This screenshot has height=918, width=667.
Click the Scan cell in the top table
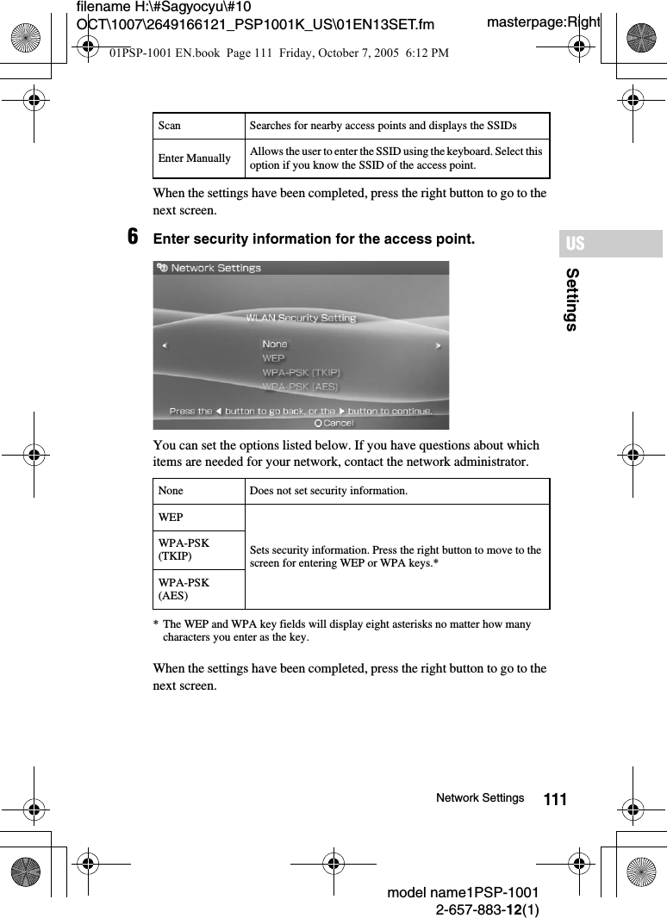[x=170, y=126]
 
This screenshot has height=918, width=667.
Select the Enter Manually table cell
[x=194, y=158]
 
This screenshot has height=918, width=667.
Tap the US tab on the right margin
[x=576, y=244]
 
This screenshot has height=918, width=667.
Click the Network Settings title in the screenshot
[x=215, y=268]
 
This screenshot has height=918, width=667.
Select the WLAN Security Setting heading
[x=301, y=318]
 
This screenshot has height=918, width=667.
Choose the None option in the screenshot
[x=275, y=344]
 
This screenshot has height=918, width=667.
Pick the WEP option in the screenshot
[x=273, y=358]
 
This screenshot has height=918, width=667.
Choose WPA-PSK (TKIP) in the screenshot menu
[x=301, y=373]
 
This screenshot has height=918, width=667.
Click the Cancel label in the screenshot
[x=338, y=423]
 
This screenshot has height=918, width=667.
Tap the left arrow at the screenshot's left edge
[x=165, y=346]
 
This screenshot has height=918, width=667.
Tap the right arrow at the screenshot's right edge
[x=438, y=346]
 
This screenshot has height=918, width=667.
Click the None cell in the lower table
[x=171, y=491]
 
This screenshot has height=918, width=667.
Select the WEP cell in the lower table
[x=171, y=518]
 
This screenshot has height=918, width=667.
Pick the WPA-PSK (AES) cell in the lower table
[x=184, y=589]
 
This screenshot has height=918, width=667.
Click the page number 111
[x=556, y=800]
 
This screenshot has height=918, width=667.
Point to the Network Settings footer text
[x=480, y=798]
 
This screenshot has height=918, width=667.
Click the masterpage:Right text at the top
[x=543, y=22]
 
